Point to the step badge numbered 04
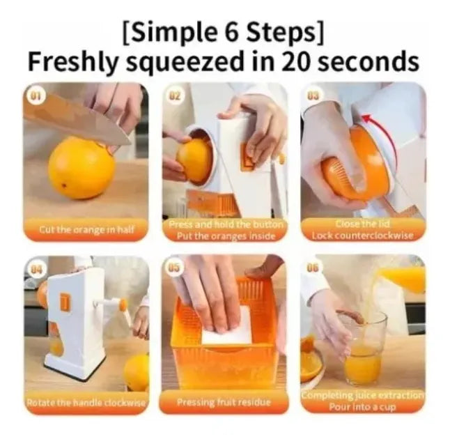[36, 269]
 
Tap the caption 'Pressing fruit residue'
[223, 402]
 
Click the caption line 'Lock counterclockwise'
[363, 235]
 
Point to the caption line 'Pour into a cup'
[363, 406]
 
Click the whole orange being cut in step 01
[81, 167]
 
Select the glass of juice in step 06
[364, 348]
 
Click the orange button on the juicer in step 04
[64, 302]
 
